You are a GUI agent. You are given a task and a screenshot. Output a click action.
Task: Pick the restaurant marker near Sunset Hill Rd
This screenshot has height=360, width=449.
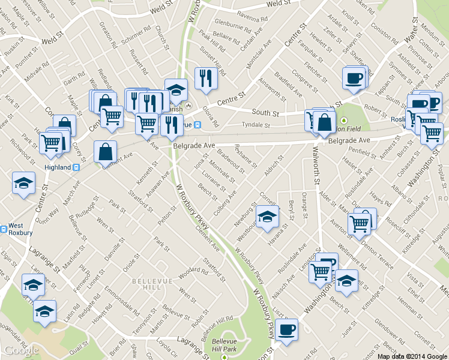206,78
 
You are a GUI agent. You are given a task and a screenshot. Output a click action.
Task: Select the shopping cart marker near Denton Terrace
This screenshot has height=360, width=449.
359,224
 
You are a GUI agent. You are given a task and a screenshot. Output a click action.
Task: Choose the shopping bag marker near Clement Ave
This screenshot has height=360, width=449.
106,151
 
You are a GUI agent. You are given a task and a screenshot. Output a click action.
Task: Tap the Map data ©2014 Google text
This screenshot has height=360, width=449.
412,356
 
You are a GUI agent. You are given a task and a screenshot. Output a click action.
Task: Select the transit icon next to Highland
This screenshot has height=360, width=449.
76,167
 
